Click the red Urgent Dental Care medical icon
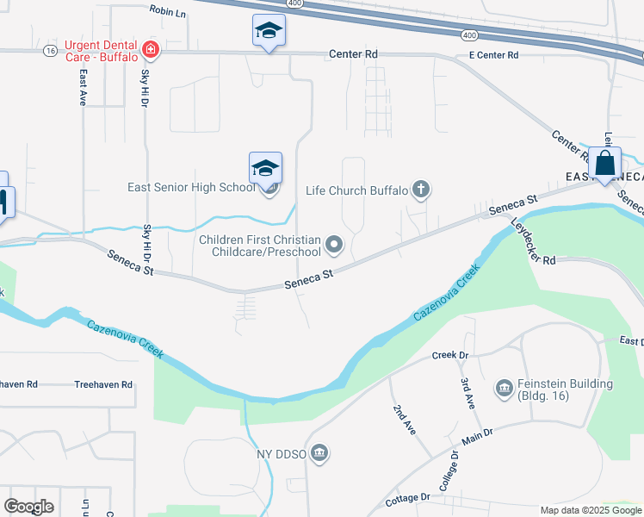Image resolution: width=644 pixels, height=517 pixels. [x=152, y=50]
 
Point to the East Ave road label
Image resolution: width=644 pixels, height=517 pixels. [x=83, y=88]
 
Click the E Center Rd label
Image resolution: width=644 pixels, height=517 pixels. [x=493, y=55]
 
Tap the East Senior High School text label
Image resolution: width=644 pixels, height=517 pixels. [x=190, y=188]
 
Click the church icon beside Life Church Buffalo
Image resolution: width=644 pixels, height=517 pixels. [x=421, y=190]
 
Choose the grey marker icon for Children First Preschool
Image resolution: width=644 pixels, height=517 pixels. [x=334, y=246]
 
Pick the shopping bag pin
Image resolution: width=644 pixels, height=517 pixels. [x=604, y=163]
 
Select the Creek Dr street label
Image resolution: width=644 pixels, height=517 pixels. [x=449, y=355]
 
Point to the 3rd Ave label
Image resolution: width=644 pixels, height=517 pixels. [x=468, y=391]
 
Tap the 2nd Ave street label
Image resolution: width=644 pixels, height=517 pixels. [x=404, y=420]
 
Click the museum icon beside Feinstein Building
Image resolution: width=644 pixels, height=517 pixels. [x=504, y=389]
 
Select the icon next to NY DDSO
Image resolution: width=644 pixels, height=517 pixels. [x=319, y=453]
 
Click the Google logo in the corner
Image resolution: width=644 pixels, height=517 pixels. [x=28, y=507]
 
